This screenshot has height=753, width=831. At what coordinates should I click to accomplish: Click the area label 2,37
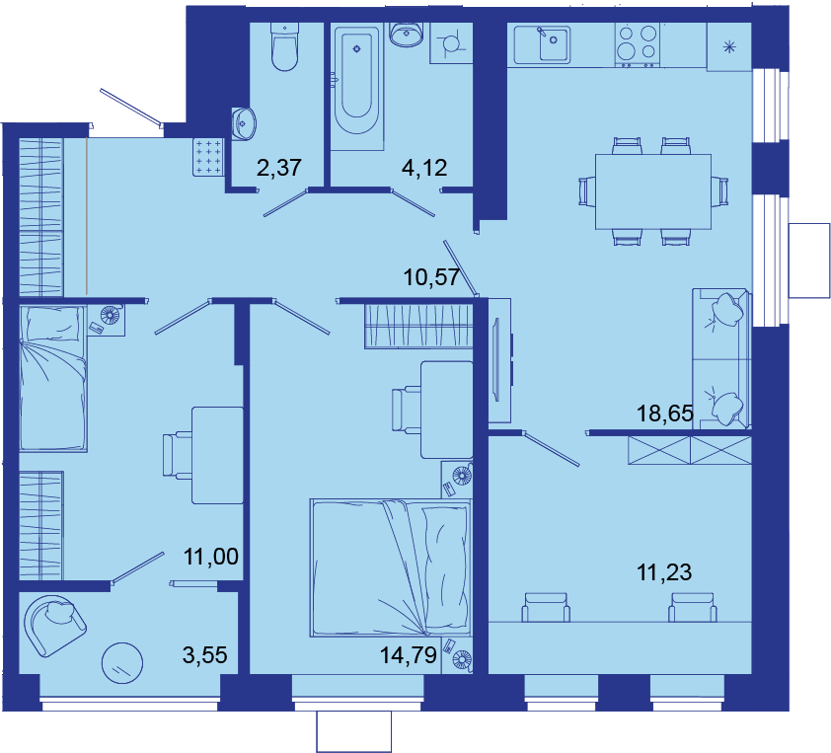tap(278, 168)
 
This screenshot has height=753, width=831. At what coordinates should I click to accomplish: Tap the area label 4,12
tap(424, 168)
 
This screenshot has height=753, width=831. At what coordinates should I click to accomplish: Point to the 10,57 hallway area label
tap(431, 277)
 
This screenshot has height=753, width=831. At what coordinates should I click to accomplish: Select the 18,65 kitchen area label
tap(664, 413)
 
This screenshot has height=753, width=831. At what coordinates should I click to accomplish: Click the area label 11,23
tap(664, 572)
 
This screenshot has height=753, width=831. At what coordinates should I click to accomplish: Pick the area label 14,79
tap(408, 655)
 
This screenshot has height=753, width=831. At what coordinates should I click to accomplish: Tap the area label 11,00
tap(211, 557)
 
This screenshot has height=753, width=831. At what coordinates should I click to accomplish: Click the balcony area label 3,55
tap(204, 655)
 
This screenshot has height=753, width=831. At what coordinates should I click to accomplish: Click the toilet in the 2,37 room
tap(284, 46)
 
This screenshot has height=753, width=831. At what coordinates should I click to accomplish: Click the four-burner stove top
tap(638, 45)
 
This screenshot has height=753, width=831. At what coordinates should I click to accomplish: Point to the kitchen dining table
tap(653, 191)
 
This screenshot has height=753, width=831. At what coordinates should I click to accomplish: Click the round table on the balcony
tap(122, 663)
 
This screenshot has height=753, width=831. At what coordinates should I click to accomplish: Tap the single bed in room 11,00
tap(52, 378)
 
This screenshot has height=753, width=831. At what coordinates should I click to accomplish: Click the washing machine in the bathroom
tap(451, 42)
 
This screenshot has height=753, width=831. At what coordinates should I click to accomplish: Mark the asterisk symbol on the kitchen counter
tap(729, 47)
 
